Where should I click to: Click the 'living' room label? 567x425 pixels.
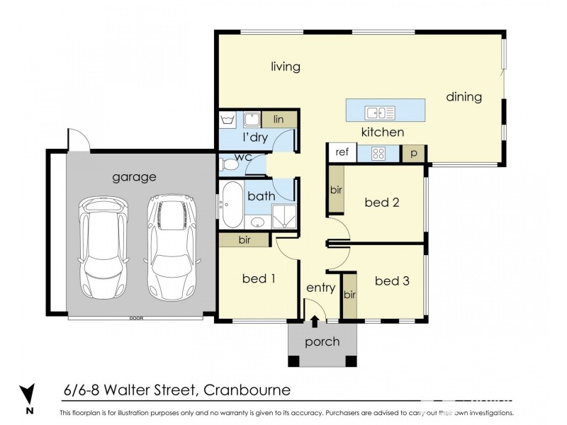[286, 67]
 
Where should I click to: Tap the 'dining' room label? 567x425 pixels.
[464, 97]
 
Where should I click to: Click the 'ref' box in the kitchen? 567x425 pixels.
[342, 152]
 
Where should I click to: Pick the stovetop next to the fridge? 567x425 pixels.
[378, 152]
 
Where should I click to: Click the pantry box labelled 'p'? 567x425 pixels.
[412, 152]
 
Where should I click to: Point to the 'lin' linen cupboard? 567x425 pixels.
[279, 120]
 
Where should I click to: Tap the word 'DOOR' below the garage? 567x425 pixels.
[137, 318]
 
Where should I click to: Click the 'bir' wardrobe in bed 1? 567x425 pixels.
[244, 240]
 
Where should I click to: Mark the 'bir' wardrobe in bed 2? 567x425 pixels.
[335, 190]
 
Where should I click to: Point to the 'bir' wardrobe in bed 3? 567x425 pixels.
[349, 295]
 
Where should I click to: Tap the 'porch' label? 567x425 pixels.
[322, 342]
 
